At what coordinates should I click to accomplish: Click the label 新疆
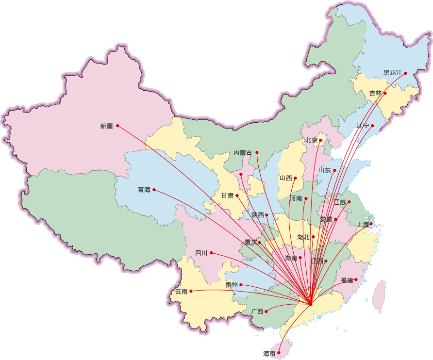coord(106,126)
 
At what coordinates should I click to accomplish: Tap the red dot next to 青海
coord(154,190)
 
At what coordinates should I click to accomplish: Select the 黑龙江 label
coord(393,73)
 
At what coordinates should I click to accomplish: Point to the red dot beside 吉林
coord(385,93)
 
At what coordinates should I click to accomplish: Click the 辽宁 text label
coord(363,126)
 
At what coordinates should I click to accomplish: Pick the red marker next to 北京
coord(320,140)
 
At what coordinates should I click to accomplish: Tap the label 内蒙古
coord(243,153)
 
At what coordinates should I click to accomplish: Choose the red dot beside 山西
coord(295,178)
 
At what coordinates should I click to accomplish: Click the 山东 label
coord(325,170)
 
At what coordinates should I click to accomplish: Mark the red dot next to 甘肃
coord(237,196)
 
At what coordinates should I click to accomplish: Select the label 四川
coord(201,253)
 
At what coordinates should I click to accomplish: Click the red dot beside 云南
coord(191,291)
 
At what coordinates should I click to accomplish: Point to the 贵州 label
coord(232,285)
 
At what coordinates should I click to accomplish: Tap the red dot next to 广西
coord(266,311)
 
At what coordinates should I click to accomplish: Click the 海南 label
coord(269,354)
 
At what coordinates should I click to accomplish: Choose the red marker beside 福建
coord(356,279)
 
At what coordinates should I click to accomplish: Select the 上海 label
coord(363,225)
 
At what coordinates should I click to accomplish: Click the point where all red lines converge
coord(310,304)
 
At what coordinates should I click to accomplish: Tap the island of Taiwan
coord(379,296)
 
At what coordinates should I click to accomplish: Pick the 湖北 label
coord(303,237)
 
